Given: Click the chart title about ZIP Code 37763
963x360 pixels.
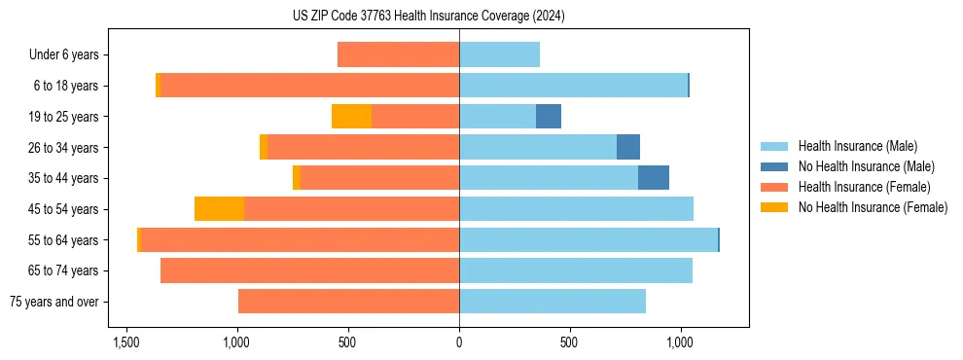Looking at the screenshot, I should point(428,17).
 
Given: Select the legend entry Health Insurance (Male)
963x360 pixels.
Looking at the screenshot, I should point(857,147).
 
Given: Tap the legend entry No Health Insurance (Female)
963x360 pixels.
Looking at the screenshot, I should point(873,207).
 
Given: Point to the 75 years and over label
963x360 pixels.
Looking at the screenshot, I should point(53,302).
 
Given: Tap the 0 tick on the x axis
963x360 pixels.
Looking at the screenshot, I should point(459,342).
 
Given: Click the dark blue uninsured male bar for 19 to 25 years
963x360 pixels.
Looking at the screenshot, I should point(549,117).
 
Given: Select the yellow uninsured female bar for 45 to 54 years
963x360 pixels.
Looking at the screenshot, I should point(219,209).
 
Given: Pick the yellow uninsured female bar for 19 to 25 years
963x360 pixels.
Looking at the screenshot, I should point(351,117).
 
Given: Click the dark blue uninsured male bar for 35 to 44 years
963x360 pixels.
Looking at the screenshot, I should point(654,178).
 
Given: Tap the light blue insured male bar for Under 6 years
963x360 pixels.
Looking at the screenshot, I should point(499,55).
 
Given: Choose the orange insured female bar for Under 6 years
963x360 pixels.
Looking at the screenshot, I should point(398,55).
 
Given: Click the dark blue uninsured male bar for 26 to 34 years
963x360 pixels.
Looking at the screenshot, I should point(628,148).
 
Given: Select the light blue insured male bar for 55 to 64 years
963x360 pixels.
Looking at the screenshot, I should point(588,239).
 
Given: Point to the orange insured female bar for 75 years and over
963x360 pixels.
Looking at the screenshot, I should point(348,302).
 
